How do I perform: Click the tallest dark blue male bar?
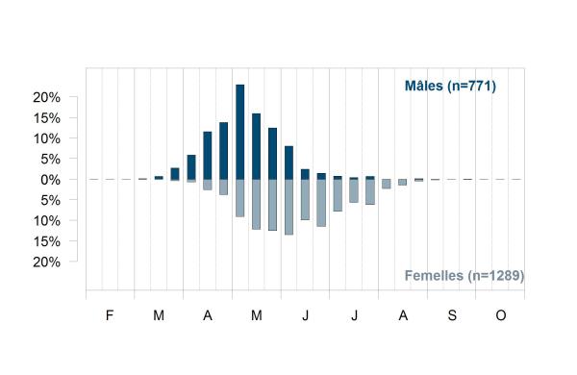click(239, 132)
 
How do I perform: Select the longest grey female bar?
click(288, 207)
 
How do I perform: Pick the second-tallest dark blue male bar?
click(256, 146)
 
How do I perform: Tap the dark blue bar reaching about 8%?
click(288, 162)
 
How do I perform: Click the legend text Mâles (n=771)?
click(450, 86)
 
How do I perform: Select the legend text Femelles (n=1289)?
click(464, 275)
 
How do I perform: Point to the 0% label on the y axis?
click(50, 180)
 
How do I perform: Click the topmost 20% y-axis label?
click(46, 97)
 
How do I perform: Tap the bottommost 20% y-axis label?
click(46, 262)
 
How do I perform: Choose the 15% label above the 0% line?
click(46, 118)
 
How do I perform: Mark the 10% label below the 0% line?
click(46, 221)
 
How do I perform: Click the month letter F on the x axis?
click(110, 315)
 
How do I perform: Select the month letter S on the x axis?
click(452, 315)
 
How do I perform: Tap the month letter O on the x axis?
click(501, 315)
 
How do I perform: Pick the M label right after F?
click(159, 315)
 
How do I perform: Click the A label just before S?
click(403, 315)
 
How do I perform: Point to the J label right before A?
click(354, 315)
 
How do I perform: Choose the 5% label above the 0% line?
click(50, 160)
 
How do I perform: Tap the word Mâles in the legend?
click(424, 86)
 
